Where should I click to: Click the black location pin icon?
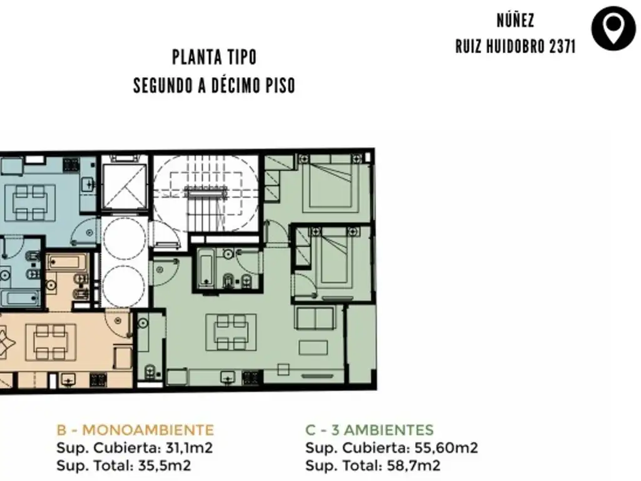(613, 28)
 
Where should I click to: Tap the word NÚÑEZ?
(515, 21)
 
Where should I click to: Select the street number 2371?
(562, 46)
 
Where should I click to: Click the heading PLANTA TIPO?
(214, 57)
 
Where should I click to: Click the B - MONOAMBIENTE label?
(135, 430)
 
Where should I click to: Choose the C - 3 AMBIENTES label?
(369, 430)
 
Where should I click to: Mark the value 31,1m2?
(189, 448)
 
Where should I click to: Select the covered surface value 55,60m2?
(446, 448)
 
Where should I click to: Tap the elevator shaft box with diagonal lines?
(124, 187)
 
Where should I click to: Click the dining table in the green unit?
(231, 332)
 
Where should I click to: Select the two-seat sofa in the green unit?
(314, 318)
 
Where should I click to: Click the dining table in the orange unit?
(51, 342)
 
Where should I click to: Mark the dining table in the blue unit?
(29, 202)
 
